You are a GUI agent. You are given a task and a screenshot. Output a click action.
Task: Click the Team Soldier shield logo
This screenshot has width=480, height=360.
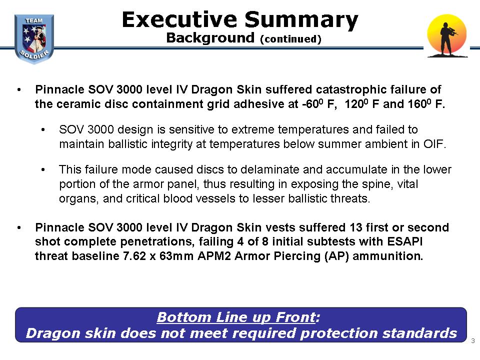coord(34,39)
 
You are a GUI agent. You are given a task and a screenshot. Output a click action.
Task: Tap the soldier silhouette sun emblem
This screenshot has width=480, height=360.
coord(447,36)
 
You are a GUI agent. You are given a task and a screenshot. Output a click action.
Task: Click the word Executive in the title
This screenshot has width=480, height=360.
coord(179,19)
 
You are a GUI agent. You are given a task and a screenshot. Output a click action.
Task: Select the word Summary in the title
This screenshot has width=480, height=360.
coord(301,20)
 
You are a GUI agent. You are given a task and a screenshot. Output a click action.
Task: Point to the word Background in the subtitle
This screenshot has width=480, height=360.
coord(210,38)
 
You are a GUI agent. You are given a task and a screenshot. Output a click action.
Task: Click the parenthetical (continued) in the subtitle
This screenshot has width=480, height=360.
coord(290,39)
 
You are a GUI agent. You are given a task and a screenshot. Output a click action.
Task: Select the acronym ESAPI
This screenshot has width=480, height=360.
coord(404,241)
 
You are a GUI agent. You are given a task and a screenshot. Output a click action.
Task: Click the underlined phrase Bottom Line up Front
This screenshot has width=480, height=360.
coord(236,317)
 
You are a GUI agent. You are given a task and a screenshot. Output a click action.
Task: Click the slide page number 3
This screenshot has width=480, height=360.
coord(473,340)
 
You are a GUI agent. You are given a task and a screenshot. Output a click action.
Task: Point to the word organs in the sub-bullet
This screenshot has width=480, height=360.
coord(78,199)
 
